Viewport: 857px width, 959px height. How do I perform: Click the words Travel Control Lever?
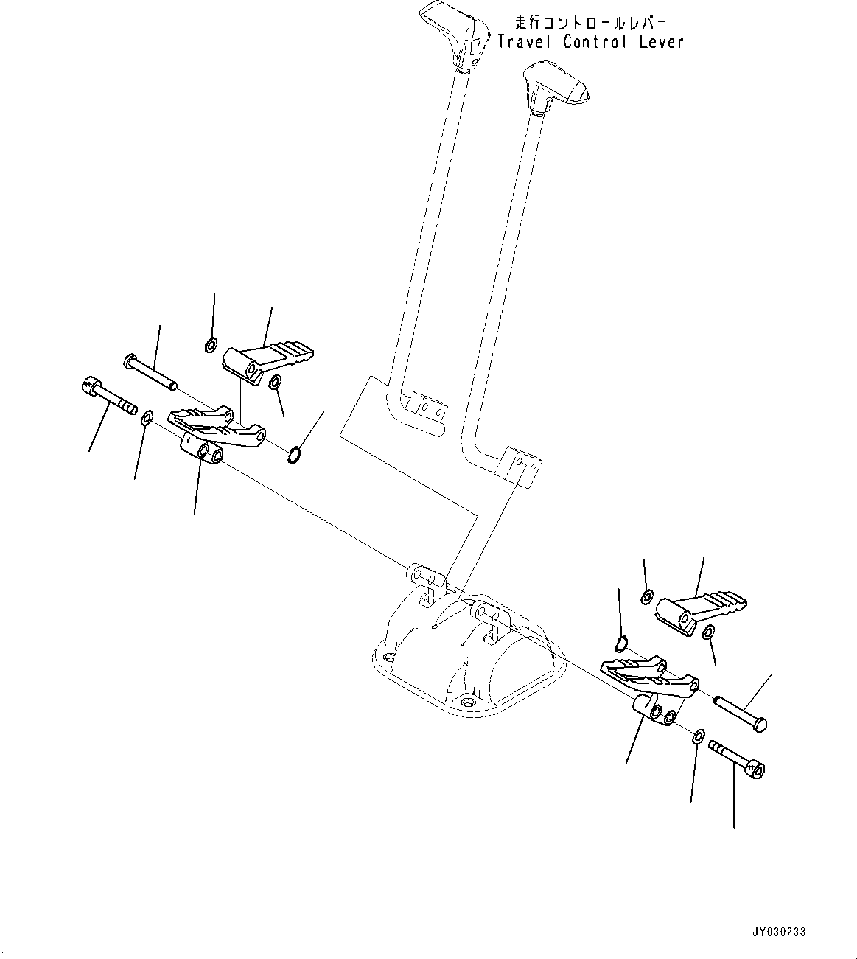click(x=590, y=42)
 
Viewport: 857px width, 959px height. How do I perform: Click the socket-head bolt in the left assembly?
click(x=106, y=397)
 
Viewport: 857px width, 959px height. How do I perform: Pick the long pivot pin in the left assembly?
click(x=151, y=373)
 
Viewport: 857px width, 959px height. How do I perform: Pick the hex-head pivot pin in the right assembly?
click(x=741, y=712)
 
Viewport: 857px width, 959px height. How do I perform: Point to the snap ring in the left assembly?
click(x=294, y=457)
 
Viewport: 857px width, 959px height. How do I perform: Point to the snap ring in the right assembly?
click(x=621, y=644)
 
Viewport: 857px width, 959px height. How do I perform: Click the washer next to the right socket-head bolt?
click(x=699, y=736)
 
